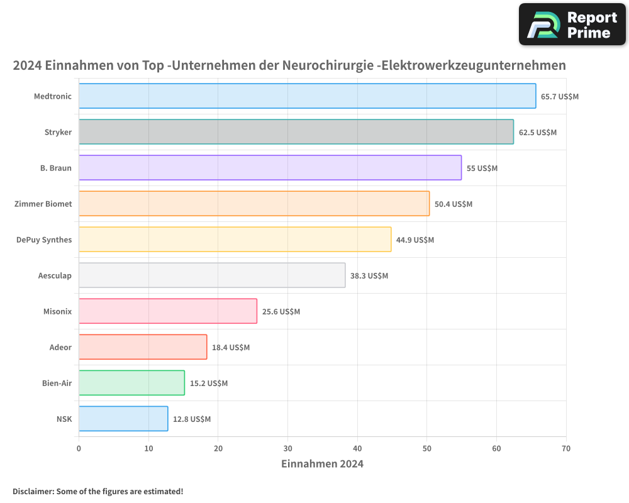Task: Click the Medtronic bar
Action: (307, 96)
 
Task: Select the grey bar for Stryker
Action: (296, 132)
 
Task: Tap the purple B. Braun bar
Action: (270, 168)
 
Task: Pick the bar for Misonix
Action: (168, 311)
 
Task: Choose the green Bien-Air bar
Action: (131, 383)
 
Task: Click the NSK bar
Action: (123, 419)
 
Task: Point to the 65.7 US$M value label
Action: (559, 97)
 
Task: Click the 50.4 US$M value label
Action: (453, 204)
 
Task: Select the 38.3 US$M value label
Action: (369, 276)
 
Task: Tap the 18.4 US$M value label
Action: (231, 348)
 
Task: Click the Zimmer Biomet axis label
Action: (43, 204)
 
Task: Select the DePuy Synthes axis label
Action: (44, 240)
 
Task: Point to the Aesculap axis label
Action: (55, 275)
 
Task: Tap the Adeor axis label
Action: (60, 347)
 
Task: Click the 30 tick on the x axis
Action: (287, 449)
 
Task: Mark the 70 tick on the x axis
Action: (566, 449)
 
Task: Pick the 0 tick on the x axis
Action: (79, 449)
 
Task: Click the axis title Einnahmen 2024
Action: (322, 465)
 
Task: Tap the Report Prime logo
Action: (572, 25)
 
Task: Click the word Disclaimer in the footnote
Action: (32, 491)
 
